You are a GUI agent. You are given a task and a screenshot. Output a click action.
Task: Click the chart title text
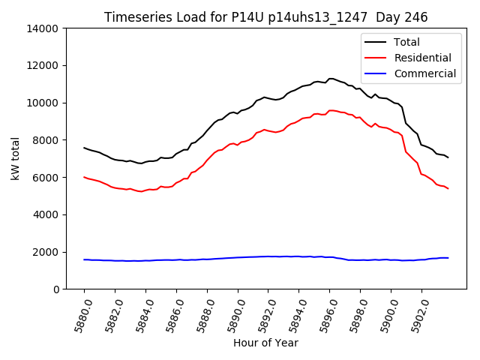[266, 17]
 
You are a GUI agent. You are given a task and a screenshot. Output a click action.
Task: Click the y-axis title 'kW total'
[16, 158]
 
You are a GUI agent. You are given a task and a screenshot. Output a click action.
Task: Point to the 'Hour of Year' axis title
[265, 343]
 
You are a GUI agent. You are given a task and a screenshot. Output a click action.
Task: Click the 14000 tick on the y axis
[44, 28]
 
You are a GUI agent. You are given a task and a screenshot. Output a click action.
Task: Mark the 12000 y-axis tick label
[44, 65]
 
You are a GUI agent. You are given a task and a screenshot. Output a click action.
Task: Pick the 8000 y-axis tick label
[47, 140]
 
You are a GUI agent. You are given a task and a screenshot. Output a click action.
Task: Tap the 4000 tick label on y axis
[47, 214]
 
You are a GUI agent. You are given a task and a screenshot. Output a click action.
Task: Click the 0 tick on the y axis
[57, 289]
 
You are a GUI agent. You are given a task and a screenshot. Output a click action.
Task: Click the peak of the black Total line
[330, 78]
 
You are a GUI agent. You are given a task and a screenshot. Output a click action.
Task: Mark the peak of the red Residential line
[331, 110]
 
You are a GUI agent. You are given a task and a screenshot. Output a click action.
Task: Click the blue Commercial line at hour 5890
[238, 257]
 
